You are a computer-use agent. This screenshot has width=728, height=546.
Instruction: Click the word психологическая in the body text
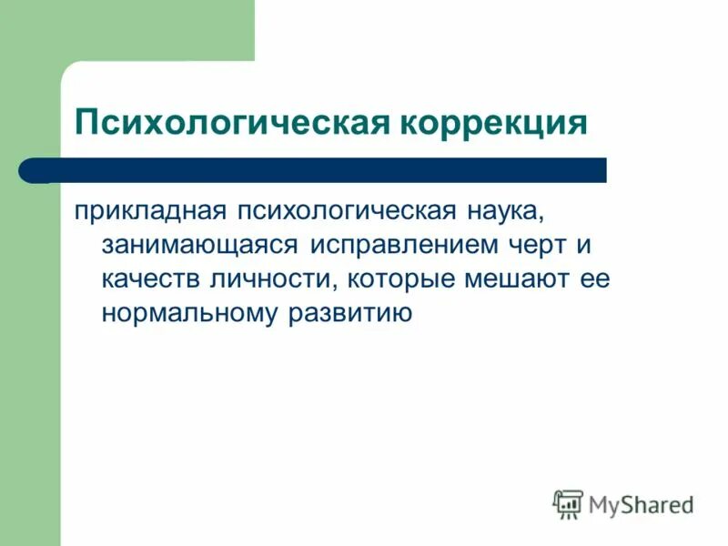coord(346,211)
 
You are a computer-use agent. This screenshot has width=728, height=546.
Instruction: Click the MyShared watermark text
coord(642,503)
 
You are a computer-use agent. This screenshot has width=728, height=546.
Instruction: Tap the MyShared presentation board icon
coord(568,503)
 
